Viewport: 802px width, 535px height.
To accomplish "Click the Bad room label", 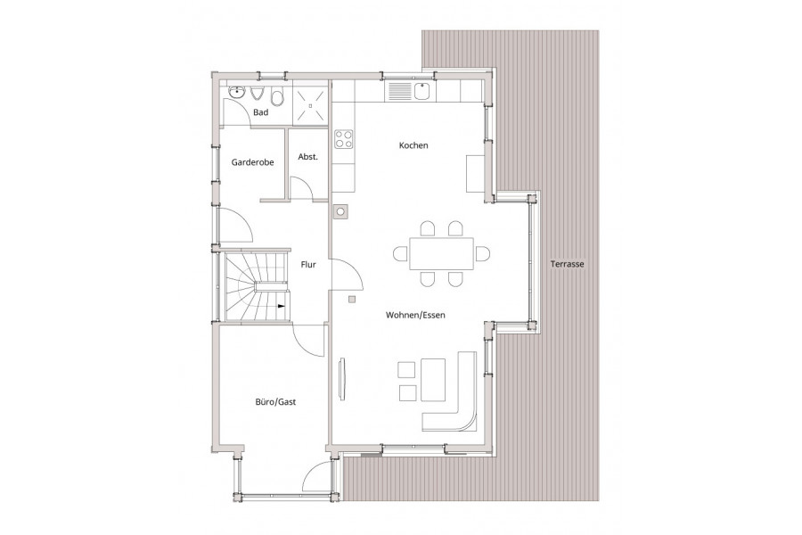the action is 260,112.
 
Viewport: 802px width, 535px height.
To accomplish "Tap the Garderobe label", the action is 253,162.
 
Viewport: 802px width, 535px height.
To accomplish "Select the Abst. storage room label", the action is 308,157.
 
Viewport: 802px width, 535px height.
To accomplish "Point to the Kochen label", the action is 413,145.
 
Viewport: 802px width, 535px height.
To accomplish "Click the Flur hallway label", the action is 308,264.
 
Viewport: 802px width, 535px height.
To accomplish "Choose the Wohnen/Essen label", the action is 415,315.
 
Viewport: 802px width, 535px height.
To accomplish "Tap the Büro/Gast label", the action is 275,402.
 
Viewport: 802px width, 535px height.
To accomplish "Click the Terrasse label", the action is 568,264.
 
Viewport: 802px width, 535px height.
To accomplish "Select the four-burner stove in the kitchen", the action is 344,139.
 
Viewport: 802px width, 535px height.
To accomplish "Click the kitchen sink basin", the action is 421,91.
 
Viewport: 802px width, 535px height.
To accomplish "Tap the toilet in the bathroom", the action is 277,96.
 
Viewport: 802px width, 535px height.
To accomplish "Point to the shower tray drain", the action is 309,105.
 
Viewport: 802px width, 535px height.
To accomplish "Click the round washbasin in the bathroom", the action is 236,93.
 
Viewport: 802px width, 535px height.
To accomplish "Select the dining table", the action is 441,253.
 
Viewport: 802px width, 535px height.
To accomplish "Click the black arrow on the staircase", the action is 282,306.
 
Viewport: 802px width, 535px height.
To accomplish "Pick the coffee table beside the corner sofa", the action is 433,380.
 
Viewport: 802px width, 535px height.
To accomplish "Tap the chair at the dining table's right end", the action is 482,253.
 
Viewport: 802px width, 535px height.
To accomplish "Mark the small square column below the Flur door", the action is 351,300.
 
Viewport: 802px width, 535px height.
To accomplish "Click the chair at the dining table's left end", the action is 400,253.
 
